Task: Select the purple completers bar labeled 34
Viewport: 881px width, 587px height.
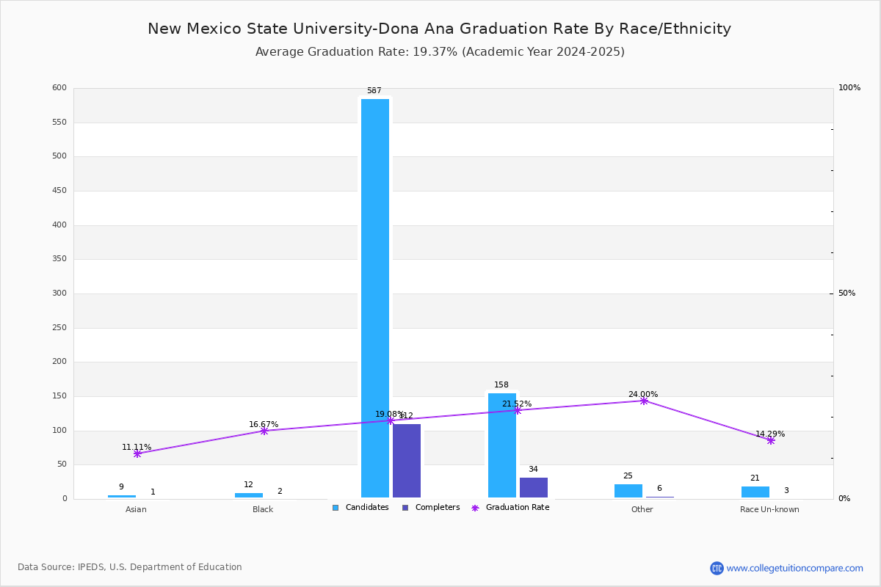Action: point(533,487)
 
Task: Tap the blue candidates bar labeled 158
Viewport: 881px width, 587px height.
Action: point(501,445)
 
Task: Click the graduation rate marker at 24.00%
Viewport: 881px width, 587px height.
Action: point(644,401)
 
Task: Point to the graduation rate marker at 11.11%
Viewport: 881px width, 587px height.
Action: point(137,453)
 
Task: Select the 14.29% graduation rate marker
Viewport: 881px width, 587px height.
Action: point(770,440)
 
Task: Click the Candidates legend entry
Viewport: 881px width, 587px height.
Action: point(360,507)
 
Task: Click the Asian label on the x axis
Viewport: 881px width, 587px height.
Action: point(136,509)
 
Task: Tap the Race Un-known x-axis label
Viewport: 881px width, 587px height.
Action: point(769,509)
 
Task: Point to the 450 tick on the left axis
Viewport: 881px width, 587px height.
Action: point(59,191)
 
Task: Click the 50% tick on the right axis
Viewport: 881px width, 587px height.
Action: point(846,293)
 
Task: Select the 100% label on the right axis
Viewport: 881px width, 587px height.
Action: point(849,88)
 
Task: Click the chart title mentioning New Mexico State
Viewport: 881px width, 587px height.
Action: point(439,29)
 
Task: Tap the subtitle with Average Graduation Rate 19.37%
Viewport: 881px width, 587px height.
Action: point(439,52)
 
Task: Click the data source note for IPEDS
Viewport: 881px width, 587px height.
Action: point(130,567)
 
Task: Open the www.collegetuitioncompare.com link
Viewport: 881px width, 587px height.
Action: point(794,568)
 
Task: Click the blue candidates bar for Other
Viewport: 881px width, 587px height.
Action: point(628,490)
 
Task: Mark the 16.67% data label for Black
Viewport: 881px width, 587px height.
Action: point(264,424)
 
